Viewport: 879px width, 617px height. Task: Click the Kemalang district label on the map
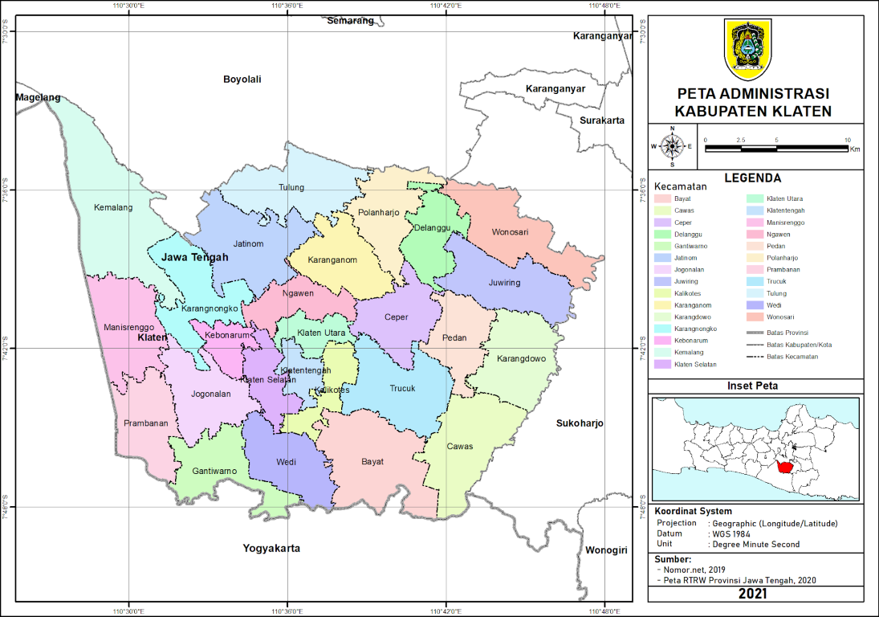113,207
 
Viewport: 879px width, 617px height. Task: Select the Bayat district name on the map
372,462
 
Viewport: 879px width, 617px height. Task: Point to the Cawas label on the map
460,447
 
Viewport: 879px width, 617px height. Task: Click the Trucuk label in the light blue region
402,389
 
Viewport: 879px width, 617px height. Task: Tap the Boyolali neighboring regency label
242,80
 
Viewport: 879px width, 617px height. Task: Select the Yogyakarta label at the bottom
271,548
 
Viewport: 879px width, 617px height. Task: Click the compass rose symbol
673,146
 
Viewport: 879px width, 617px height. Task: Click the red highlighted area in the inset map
785,465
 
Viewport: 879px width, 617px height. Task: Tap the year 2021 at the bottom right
755,594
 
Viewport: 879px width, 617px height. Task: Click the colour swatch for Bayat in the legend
662,198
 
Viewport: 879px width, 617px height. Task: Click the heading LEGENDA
753,178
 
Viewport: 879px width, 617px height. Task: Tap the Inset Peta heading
753,386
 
